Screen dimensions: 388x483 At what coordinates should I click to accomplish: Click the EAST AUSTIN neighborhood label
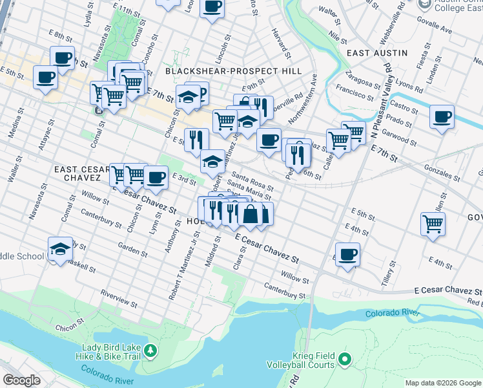click(x=377, y=52)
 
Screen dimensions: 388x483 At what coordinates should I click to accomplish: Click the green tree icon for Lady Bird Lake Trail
click(x=150, y=350)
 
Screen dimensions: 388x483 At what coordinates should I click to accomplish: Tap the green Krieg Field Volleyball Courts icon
click(x=344, y=358)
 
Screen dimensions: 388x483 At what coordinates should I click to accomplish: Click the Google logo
click(x=22, y=380)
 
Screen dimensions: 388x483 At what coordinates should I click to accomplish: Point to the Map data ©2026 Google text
click(x=442, y=383)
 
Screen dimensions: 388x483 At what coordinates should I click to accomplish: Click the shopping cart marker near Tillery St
click(x=433, y=224)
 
